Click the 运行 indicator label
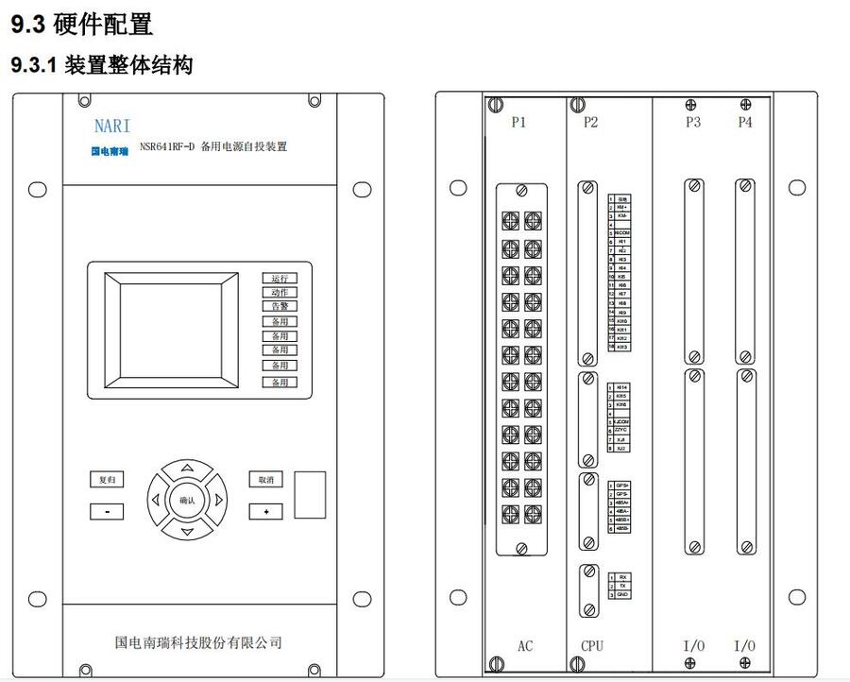tap(279, 279)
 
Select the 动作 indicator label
tap(279, 293)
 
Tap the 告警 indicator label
tap(279, 307)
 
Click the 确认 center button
tap(187, 500)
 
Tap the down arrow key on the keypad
tap(187, 531)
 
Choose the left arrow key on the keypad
tap(156, 500)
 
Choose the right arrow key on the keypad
tap(218, 500)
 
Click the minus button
tap(107, 511)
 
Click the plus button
tap(266, 511)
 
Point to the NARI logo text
tap(112, 126)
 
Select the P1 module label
tap(518, 122)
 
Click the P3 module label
tap(693, 122)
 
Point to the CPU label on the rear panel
tap(591, 647)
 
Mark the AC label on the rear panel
tap(525, 647)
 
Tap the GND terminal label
tap(622, 594)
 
